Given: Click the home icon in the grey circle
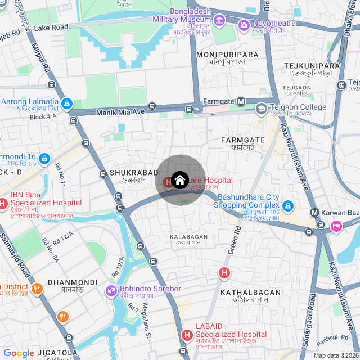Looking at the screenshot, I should pyautogui.click(x=179, y=180).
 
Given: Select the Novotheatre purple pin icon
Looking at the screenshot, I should pyautogui.click(x=244, y=25).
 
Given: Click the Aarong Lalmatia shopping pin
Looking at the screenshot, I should pyautogui.click(x=67, y=103).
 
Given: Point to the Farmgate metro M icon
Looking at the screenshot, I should pyautogui.click(x=241, y=101).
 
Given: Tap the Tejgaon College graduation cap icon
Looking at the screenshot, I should pyautogui.click(x=261, y=108).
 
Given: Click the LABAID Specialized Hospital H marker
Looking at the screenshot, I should pyautogui.click(x=187, y=335).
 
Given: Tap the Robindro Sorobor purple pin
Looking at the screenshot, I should pyautogui.click(x=111, y=290).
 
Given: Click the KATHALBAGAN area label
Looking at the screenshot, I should pyautogui.click(x=250, y=292).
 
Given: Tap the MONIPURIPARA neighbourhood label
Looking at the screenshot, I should pyautogui.click(x=228, y=54).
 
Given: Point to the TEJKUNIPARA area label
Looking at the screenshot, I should pyautogui.click(x=312, y=66).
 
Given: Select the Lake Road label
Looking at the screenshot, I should pyautogui.click(x=51, y=27).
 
